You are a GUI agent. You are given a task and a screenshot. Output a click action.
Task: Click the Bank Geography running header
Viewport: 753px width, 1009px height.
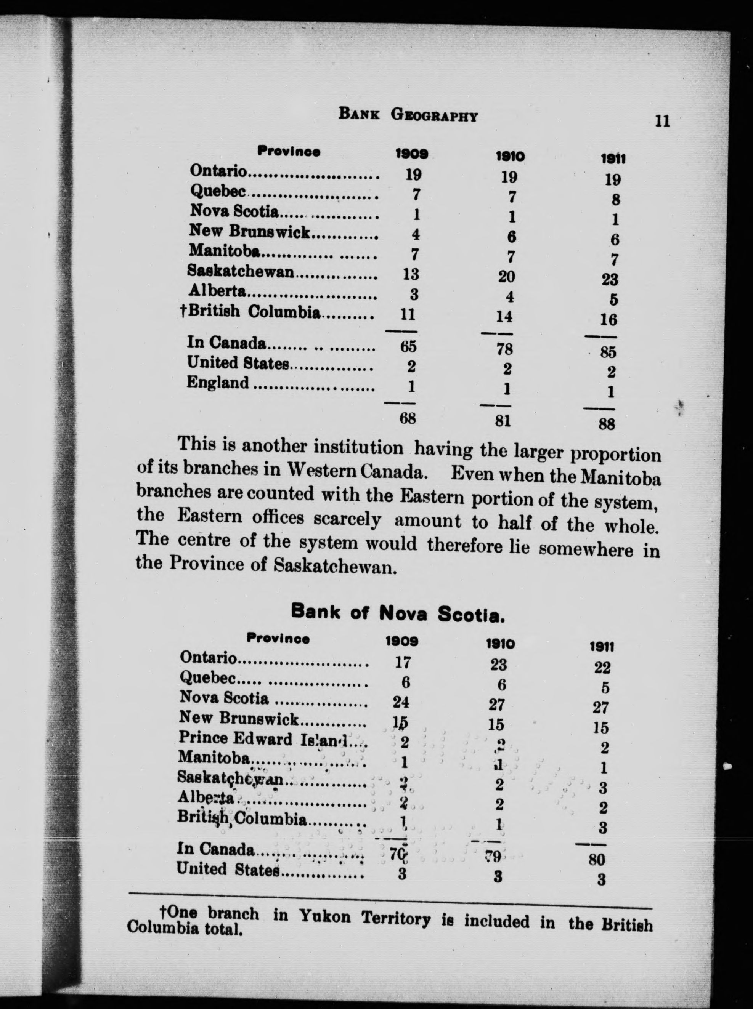408,115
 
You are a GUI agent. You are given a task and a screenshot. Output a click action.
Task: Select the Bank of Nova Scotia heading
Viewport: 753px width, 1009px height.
397,613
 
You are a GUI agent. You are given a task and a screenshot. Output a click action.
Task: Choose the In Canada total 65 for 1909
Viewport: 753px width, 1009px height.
408,347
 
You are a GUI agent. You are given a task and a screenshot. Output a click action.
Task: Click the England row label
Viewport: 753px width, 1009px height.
218,383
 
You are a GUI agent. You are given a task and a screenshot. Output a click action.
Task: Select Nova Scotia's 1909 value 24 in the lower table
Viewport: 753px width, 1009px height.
401,702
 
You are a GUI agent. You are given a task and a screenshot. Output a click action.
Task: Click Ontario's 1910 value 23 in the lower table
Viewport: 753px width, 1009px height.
498,665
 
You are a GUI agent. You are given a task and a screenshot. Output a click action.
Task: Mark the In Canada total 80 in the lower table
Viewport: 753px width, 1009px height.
596,860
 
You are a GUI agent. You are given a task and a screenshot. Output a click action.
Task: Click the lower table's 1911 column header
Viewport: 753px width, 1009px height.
602,646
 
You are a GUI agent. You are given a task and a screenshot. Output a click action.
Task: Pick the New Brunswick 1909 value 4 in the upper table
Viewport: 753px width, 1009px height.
415,235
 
